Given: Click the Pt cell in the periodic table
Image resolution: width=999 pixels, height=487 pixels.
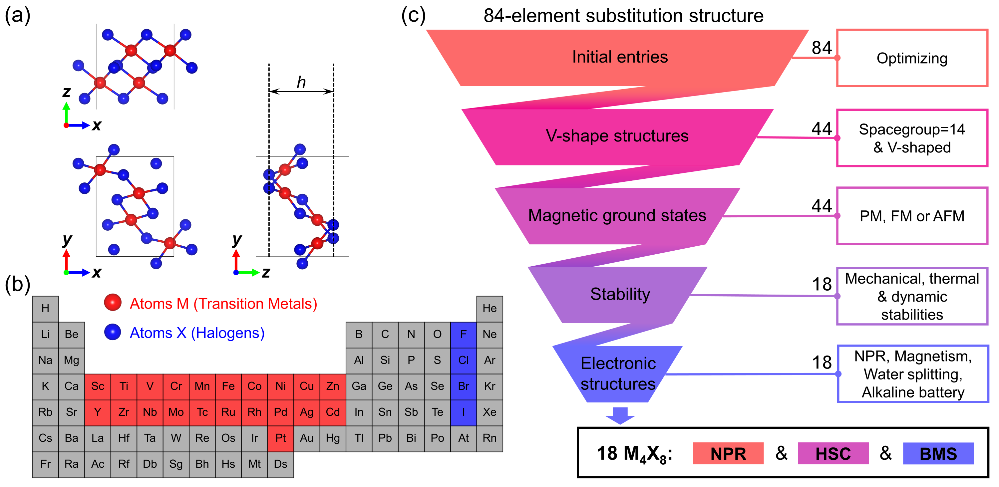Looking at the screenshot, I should coord(280,438).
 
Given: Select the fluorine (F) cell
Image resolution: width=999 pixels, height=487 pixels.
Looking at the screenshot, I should coord(463,334).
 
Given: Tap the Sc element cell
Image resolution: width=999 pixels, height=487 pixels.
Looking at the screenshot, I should coord(97,386).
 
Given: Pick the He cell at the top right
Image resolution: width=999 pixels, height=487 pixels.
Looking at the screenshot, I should coord(490,309).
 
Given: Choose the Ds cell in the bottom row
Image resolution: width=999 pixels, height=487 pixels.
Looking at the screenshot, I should coord(280,464).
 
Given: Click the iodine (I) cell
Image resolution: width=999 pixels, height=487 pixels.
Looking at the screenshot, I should coord(463,412).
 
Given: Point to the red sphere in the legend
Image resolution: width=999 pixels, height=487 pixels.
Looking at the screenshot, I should coord(113,303).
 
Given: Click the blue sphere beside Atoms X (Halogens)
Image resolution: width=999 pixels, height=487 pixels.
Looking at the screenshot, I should coord(113,332).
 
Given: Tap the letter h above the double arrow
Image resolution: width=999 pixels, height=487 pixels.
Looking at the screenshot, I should coord(301,83).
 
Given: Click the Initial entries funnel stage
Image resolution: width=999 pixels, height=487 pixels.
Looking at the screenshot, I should coord(620,57).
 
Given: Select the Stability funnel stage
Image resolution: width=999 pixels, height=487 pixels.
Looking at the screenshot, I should coord(620,294).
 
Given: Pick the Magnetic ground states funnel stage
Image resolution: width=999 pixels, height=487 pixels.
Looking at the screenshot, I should coord(617,216).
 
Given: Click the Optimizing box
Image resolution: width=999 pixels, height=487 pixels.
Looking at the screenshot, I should coord(912,58).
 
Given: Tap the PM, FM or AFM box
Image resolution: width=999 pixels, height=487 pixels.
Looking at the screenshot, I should coord(912,216).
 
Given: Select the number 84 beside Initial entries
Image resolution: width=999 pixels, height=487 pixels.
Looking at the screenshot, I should coord(822,48).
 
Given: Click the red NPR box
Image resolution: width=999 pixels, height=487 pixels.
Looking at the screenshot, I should coord(728,453).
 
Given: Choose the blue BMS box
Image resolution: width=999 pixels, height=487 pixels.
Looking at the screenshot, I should coord(938,453).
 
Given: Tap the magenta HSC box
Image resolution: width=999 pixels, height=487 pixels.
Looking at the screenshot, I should coord(833,453).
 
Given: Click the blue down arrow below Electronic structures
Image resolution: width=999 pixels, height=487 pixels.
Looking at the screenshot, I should coord(620,416).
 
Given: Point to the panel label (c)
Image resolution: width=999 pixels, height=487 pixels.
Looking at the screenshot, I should coord(413,16).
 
